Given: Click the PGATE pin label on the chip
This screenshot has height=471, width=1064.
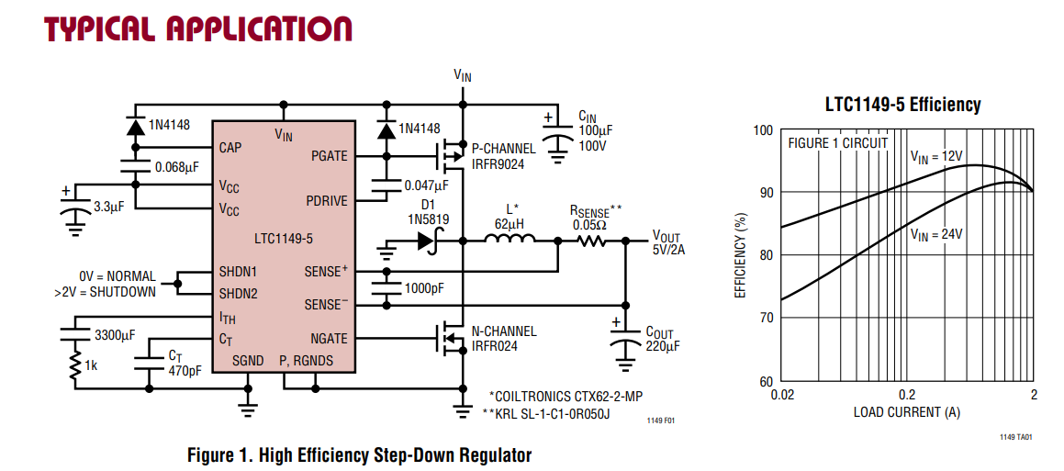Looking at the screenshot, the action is click(x=328, y=156).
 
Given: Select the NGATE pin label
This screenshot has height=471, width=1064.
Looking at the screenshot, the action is click(x=329, y=339).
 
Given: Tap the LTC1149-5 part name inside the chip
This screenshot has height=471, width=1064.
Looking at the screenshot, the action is click(x=283, y=239).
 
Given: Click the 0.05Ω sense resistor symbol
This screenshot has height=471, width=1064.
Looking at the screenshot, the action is click(x=592, y=241).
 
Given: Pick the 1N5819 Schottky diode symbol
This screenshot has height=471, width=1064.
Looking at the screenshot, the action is click(x=429, y=241).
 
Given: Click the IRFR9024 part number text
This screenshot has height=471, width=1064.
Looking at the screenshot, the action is click(x=499, y=163).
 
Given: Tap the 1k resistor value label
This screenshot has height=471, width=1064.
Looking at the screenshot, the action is click(x=92, y=366).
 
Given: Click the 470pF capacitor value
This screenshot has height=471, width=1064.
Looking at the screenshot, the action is click(x=185, y=370).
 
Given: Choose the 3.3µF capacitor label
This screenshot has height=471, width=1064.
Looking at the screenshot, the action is click(x=106, y=206).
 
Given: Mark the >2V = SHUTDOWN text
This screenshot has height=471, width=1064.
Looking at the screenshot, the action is click(x=105, y=293).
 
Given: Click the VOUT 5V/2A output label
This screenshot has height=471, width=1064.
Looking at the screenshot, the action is click(x=668, y=243).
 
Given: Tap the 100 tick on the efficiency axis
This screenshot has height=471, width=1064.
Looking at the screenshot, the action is click(x=764, y=129).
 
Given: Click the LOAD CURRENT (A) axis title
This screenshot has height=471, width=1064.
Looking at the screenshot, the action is click(x=907, y=412).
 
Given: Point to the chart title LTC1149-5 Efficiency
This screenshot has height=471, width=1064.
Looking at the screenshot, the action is click(x=902, y=106).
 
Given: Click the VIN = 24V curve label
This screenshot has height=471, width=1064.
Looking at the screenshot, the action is click(x=936, y=235).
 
